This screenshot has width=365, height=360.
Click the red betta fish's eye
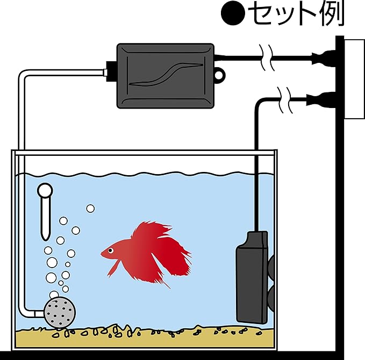(110, 251)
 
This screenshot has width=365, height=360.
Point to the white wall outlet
(354, 78)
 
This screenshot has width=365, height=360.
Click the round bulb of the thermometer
(45, 190)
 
